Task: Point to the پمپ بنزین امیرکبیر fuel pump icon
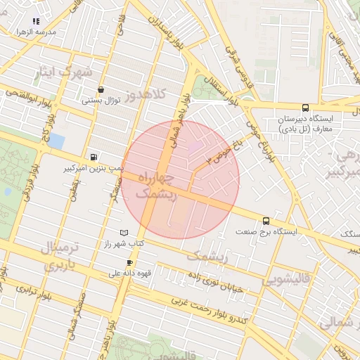click(x=94, y=157)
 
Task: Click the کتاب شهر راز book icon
click(x=124, y=232)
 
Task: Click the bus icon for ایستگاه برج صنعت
click(x=265, y=221)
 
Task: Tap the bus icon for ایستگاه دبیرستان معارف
click(x=304, y=108)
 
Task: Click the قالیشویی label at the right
click(x=288, y=279)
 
